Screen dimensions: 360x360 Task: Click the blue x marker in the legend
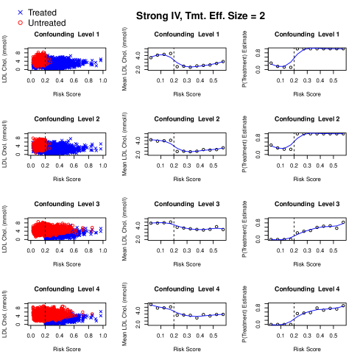coord(20,12)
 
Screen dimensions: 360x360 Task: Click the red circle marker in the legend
coord(20,22)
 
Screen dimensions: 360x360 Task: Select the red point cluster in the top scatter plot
coord(39,60)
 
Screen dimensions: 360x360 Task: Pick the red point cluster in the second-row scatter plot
coord(38,144)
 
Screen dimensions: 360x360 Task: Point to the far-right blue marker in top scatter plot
coord(101,60)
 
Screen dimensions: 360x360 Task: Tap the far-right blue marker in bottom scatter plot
coord(101,314)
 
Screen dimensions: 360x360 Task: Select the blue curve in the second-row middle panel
coord(188,151)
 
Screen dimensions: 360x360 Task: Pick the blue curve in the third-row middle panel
coord(188,228)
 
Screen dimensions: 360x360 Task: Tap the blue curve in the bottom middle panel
coord(188,315)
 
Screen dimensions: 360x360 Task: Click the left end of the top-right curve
coord(271,64)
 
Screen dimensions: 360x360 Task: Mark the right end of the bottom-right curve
coord(343,306)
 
